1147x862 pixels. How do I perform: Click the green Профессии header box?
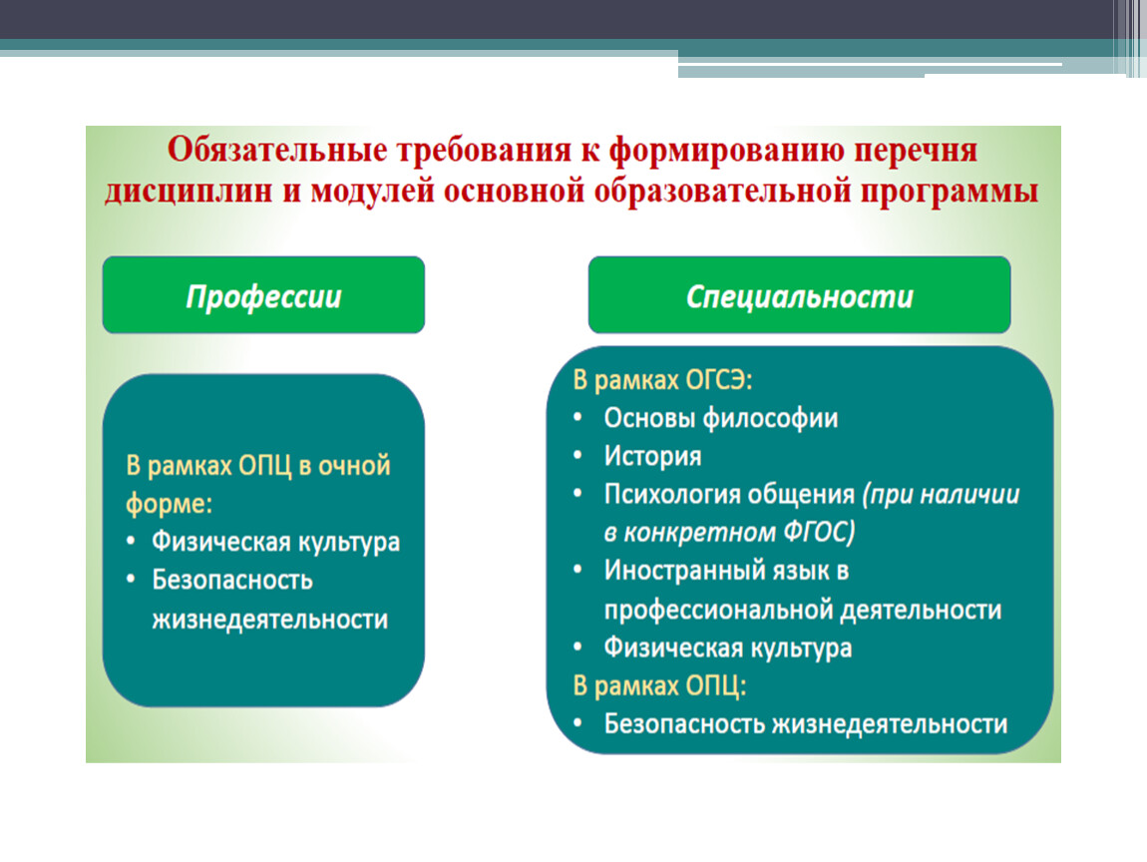[263, 295]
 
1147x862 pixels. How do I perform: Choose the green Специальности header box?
[800, 295]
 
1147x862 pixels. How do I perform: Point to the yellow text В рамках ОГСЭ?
[662, 380]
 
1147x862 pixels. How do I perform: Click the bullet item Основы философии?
[720, 418]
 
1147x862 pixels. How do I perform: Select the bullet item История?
[652, 456]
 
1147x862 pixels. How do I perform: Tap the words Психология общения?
[728, 495]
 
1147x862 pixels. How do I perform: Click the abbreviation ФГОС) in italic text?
[819, 532]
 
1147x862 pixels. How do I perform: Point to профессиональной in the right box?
[717, 610]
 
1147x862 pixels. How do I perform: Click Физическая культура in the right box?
[728, 647]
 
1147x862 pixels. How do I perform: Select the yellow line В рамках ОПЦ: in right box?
[659, 685]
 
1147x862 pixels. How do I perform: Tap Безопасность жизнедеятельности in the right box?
[805, 723]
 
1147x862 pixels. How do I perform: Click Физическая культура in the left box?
[275, 542]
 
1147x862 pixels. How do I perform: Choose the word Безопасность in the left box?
[231, 580]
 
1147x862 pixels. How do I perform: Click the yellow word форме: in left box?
[169, 504]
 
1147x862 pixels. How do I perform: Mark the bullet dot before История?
[577, 456]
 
